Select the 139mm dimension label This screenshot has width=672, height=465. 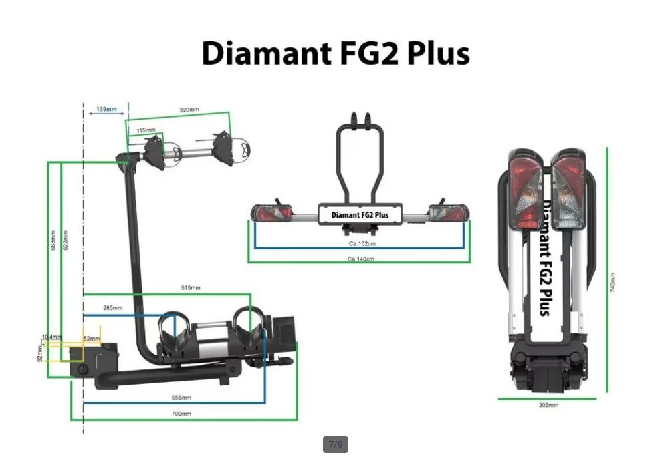click(x=106, y=109)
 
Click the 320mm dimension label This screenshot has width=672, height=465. click(x=189, y=110)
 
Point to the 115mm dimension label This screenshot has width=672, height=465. click(x=146, y=130)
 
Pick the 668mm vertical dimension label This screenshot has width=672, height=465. click(x=53, y=240)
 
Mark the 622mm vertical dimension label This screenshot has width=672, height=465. click(x=65, y=240)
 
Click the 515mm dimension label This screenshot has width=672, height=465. click(x=190, y=288)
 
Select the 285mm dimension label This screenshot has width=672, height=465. click(x=112, y=308)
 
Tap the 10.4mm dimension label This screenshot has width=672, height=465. click(x=51, y=337)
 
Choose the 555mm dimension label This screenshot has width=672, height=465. click(x=181, y=398)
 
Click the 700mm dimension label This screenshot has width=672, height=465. click(x=181, y=414)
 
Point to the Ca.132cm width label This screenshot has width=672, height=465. click(x=362, y=244)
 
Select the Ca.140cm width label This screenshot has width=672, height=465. click(x=360, y=259)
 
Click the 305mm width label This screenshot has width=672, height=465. click(x=548, y=405)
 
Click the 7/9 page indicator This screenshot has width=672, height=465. click(x=336, y=444)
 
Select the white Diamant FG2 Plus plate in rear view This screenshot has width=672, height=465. click(x=360, y=215)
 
